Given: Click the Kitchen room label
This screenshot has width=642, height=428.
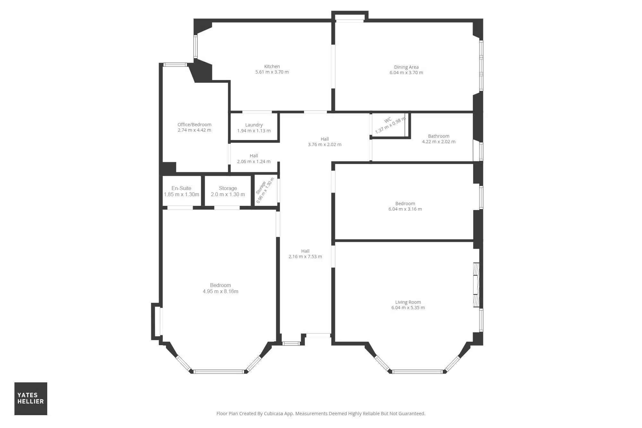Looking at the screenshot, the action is (x=272, y=66).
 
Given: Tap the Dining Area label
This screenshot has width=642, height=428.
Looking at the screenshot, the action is (x=406, y=67).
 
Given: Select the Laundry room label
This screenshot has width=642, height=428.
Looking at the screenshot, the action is (x=254, y=125).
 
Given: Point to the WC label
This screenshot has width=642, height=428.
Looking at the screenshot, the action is (x=388, y=120).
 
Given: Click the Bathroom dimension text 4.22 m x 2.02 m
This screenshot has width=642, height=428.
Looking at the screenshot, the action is (x=438, y=142).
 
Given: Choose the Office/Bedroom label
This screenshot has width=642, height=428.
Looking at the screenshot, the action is (x=195, y=125).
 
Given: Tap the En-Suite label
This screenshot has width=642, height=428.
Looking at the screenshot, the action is (x=181, y=188).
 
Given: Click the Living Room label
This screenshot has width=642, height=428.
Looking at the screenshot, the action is (x=408, y=302).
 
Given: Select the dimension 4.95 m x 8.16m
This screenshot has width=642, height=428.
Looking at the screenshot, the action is (x=221, y=292).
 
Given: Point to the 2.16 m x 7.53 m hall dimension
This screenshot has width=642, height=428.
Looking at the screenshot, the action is (x=305, y=257).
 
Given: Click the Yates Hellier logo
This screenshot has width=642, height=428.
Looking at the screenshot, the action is (x=31, y=398).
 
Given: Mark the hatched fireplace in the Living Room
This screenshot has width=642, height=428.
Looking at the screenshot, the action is (x=476, y=285).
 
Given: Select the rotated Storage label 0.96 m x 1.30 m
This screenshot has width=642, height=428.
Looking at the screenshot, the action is (x=265, y=190).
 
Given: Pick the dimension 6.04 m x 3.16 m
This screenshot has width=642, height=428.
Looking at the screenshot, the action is (x=405, y=209).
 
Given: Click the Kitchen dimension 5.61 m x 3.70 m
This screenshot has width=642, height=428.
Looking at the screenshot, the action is (x=272, y=72).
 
